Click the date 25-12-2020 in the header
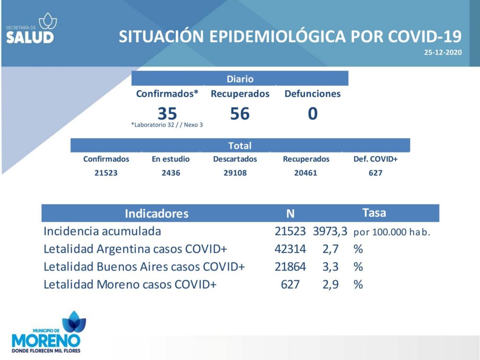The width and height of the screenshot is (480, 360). [442, 52]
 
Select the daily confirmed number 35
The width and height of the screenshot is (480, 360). [167, 113]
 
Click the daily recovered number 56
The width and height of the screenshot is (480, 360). [240, 113]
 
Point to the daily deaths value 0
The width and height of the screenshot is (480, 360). [313, 113]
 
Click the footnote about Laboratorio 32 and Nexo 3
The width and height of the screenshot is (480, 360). [167, 125]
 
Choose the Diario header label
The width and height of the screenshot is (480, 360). [240, 79]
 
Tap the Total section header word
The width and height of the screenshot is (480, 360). [240, 146]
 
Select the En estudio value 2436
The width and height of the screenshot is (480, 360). [171, 173]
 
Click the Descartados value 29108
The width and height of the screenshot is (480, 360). [235, 173]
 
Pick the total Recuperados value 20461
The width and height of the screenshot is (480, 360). [306, 173]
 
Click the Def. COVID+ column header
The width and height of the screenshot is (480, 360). [375, 159]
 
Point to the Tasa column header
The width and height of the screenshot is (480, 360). [374, 213]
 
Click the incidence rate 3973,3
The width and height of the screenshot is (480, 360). [330, 232]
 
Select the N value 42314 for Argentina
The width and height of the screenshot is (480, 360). [290, 249]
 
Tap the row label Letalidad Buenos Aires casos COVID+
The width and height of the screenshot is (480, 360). [144, 267]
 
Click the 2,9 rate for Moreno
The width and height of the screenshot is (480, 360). [330, 285]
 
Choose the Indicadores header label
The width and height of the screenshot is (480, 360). [157, 213]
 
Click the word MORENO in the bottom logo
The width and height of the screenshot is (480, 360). [46, 341]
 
